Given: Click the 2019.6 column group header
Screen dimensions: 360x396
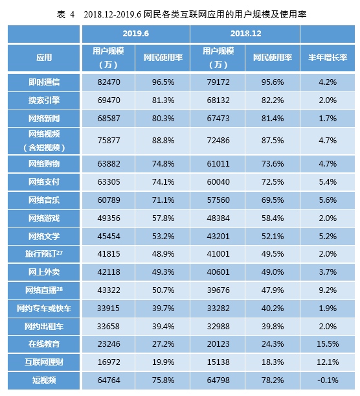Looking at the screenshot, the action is point(136,34).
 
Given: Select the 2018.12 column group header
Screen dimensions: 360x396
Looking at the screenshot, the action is point(245,34).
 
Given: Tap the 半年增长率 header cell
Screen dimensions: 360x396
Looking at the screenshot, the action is point(328,58).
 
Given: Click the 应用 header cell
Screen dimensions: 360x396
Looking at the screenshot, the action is point(44,58).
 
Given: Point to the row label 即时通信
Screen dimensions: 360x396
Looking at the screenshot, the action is point(44,82).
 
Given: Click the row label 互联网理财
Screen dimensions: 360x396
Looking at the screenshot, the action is point(44,362).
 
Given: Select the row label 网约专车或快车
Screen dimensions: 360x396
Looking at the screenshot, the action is point(44,308).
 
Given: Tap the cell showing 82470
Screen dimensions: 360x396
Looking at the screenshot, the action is point(109,82).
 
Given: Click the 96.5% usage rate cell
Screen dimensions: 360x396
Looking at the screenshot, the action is point(163,82).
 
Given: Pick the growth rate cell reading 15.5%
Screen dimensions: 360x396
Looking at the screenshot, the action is point(328,344).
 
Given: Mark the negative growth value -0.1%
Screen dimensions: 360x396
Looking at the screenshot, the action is point(328,380).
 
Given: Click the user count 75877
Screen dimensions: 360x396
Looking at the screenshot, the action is point(109,141).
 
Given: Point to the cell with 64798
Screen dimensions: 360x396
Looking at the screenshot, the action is point(218,380).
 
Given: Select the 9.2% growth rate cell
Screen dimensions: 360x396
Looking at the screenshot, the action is point(328,290).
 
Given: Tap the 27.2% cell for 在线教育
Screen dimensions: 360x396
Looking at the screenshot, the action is point(163,344).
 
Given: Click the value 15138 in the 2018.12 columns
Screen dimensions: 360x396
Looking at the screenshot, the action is point(218,362).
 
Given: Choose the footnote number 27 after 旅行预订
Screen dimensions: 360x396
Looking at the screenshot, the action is point(60,251).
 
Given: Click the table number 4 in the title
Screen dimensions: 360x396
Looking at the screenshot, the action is point(73,15).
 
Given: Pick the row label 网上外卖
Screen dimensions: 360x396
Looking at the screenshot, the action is point(44,272).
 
